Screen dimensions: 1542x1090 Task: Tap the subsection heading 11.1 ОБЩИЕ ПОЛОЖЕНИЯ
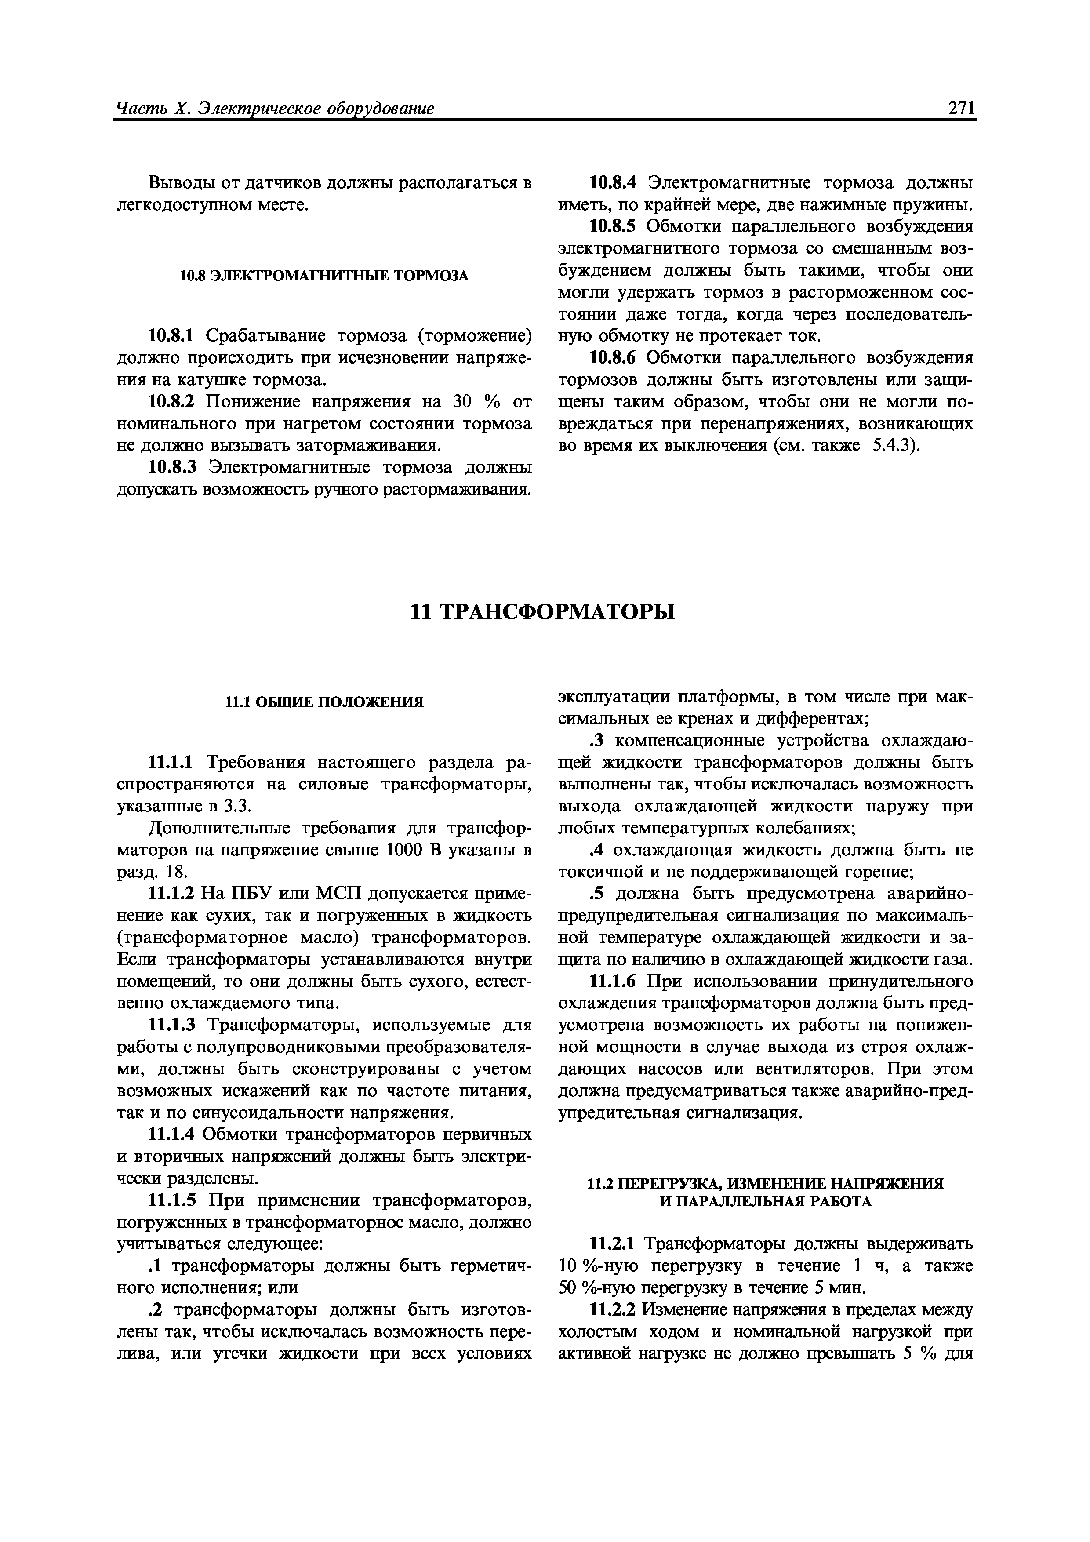point(324,702)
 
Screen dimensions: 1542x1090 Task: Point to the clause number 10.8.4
point(613,183)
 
